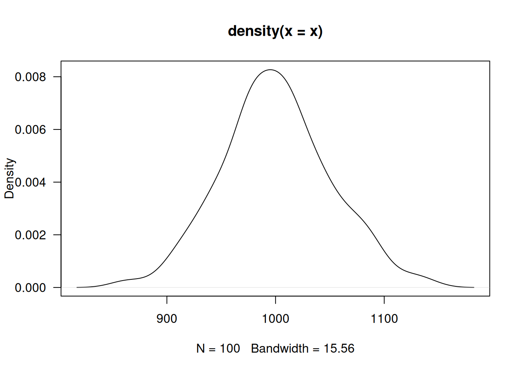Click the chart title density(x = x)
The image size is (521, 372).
tap(275, 31)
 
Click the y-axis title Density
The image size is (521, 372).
tap(9, 178)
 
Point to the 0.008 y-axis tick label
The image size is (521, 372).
tap(30, 77)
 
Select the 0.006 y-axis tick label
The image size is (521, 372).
tap(30, 129)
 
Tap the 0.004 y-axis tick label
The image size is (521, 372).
tap(30, 182)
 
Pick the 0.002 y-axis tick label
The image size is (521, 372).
tap(30, 235)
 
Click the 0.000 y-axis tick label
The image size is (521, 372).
tap(30, 288)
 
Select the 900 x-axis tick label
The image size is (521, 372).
tap(167, 319)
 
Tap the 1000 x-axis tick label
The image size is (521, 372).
tap(276, 319)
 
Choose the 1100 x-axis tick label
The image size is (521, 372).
tap(384, 319)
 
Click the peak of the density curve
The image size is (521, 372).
tap(270, 70)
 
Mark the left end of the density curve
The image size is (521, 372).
tap(77, 287)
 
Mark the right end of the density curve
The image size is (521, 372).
tap(474, 287)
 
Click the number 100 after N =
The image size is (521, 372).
tap(230, 348)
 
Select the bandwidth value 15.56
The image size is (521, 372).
tap(339, 348)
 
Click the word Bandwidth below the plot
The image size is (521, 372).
tap(279, 348)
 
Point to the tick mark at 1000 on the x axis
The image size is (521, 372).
tap(276, 300)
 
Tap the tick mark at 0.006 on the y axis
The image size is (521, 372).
tap(57, 129)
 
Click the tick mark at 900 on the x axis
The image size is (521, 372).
tap(167, 300)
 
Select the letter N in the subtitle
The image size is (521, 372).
tap(200, 348)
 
